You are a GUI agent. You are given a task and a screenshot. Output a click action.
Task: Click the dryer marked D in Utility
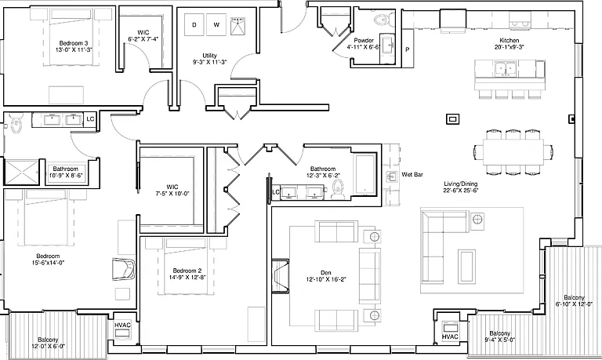[194, 25]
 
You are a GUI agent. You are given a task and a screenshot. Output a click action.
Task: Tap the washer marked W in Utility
[216, 25]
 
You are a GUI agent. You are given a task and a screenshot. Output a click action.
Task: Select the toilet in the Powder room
[384, 19]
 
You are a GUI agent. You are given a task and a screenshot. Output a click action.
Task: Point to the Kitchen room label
[509, 40]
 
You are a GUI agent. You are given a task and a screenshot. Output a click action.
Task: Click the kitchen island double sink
[506, 69]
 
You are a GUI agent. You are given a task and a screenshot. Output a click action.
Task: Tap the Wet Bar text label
[412, 174]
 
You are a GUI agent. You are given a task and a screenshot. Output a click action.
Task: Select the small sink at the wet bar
[392, 177]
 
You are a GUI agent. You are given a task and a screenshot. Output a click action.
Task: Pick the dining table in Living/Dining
[513, 152]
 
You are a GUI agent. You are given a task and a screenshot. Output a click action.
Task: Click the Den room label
[326, 273]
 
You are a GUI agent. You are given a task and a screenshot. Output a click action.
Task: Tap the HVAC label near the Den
[450, 336]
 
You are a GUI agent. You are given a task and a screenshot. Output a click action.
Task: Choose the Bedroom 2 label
[187, 271]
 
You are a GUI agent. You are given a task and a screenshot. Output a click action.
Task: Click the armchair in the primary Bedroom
[124, 270]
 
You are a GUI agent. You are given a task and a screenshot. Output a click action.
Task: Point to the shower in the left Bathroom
[21, 172]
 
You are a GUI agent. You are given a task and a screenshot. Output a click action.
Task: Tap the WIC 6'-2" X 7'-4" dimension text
[143, 38]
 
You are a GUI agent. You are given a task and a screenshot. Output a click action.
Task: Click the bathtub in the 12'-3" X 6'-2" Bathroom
[366, 174]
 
